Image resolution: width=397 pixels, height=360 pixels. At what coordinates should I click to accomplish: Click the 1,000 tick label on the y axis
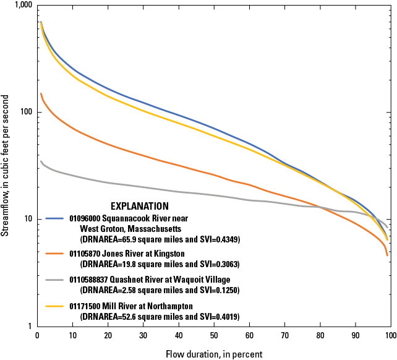pos(22,6)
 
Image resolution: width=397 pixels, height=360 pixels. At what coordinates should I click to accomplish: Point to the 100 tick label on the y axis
pos(25,113)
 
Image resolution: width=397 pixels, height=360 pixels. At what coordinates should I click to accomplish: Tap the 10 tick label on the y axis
pos(27,220)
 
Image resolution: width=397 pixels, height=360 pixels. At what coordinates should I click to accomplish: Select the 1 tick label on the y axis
pos(29,327)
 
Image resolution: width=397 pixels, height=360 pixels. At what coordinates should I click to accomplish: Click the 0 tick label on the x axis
pos(38,336)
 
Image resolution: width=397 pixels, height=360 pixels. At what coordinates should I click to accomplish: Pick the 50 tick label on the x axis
pos(214,336)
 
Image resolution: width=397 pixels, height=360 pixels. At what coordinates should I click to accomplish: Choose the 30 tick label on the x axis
pos(143,336)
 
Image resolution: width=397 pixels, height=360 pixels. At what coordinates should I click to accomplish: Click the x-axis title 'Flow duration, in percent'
pos(214,354)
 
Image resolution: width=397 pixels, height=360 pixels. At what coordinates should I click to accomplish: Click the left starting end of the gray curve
pos(41,161)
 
